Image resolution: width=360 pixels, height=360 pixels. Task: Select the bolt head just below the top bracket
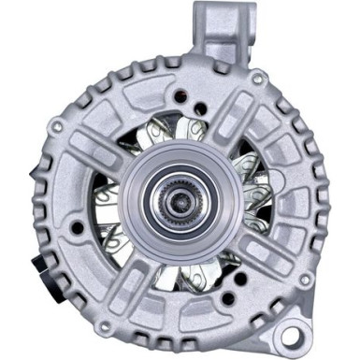point(223,66)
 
